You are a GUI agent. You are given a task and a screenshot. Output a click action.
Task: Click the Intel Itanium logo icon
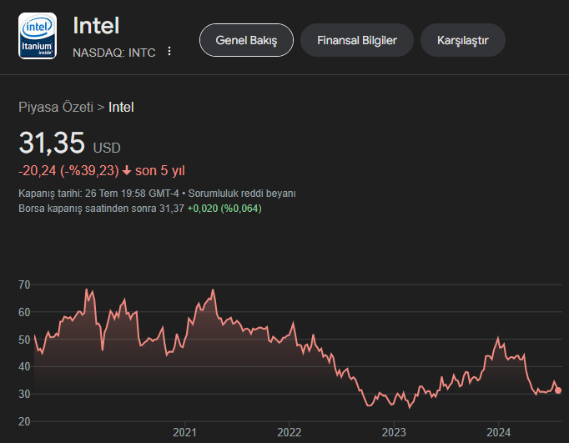[38, 36]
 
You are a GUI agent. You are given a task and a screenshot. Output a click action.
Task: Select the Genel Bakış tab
[246, 40]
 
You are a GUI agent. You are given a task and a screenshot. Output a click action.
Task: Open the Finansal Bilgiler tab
[356, 40]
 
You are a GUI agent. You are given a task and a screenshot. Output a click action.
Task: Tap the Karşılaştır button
[463, 40]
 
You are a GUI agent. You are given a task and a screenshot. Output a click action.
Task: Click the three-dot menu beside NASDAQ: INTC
[169, 51]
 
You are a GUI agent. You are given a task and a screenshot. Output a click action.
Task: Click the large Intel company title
[97, 25]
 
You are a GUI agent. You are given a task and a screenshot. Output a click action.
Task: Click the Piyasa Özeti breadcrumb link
[56, 107]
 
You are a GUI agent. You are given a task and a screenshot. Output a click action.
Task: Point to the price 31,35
[52, 143]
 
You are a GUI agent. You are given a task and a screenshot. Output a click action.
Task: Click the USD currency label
[107, 148]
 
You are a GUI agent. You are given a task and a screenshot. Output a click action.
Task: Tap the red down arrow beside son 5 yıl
[126, 171]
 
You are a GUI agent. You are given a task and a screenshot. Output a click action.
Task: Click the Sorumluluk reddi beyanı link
[254, 193]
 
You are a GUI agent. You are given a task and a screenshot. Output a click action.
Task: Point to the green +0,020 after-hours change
[202, 209]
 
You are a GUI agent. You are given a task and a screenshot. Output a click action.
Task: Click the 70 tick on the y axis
[24, 285]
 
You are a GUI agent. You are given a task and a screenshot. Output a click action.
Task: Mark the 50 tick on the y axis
[24, 340]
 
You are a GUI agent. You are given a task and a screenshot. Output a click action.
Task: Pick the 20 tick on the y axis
[24, 421]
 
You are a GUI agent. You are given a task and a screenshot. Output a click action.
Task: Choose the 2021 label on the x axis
[184, 433]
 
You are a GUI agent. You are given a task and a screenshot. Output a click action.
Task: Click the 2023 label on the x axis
[394, 433]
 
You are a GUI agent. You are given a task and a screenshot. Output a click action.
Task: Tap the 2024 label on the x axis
[499, 433]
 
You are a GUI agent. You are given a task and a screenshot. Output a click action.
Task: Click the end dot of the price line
[558, 390]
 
